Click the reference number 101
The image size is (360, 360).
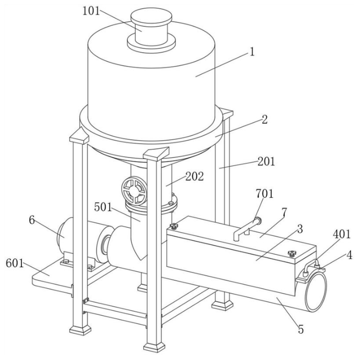pyautogui.click(x=91, y=11)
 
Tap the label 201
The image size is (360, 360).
pyautogui.click(x=266, y=162)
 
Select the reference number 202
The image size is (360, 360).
pyautogui.click(x=195, y=176)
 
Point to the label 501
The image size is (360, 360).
pyautogui.click(x=103, y=207)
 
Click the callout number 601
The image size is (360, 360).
pyautogui.click(x=15, y=263)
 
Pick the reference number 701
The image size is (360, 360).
pyautogui.click(x=265, y=194)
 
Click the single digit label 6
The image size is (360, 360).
pyautogui.click(x=32, y=220)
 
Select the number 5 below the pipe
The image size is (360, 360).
pyautogui.click(x=301, y=329)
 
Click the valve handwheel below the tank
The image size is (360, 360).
pyautogui.click(x=134, y=190)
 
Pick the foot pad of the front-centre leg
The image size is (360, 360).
pyautogui.click(x=154, y=347)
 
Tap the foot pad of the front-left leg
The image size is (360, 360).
pyautogui.click(x=80, y=330)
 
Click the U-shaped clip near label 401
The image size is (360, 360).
pyautogui.click(x=311, y=266)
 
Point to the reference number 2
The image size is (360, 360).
pyautogui.click(x=265, y=119)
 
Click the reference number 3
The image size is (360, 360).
pyautogui.click(x=300, y=229)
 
